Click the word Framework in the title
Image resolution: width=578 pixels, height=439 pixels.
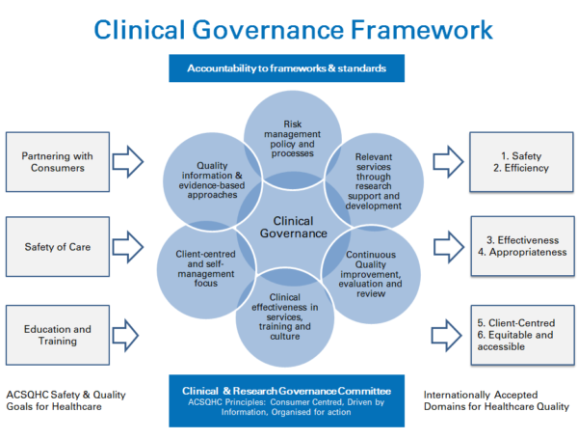[x=422, y=30]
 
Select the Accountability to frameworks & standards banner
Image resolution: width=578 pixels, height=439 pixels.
[x=286, y=69]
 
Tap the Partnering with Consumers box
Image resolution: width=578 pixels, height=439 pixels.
[x=58, y=162]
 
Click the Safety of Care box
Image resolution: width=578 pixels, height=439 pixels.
[x=58, y=247]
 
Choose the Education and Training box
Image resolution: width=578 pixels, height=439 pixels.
[x=58, y=335]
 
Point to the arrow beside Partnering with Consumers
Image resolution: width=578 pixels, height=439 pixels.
[x=127, y=162]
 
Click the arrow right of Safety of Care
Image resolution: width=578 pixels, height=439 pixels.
[x=127, y=247]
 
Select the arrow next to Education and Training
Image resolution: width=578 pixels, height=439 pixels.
[x=125, y=335]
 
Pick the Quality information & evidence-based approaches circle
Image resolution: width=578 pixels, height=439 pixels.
[x=212, y=181]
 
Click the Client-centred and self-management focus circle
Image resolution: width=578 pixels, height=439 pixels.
[x=206, y=269]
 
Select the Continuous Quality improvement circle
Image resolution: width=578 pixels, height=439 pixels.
[x=371, y=274]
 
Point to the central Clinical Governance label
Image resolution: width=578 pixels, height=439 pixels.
[x=294, y=227]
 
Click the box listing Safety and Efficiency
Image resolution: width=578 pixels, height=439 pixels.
[x=521, y=162]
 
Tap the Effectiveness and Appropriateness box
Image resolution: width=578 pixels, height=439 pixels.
[x=522, y=246]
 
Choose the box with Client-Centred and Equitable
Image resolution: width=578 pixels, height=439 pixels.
[x=522, y=335]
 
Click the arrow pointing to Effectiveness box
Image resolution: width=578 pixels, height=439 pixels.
[x=449, y=247]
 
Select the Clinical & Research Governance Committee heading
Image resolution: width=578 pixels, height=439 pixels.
[x=286, y=391]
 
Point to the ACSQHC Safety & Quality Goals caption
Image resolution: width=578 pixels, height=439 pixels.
[x=66, y=400]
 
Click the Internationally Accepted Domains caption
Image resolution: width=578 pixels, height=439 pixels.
[x=496, y=400]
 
